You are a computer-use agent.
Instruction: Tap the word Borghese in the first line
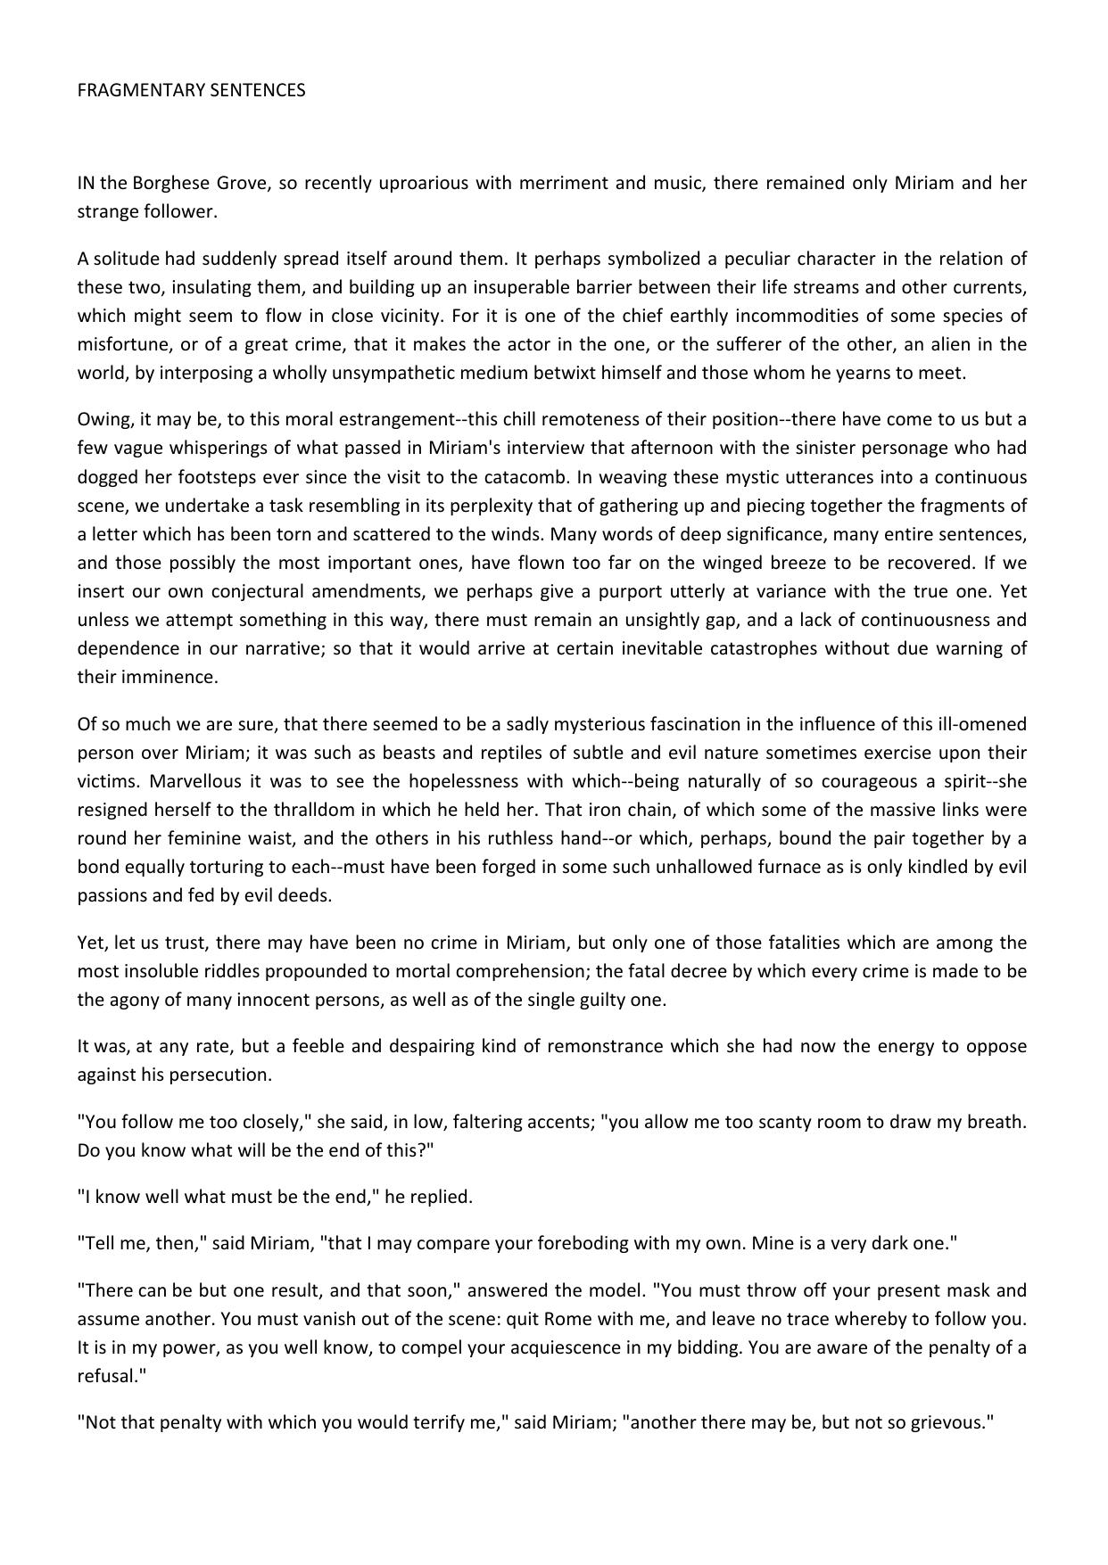(171, 184)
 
